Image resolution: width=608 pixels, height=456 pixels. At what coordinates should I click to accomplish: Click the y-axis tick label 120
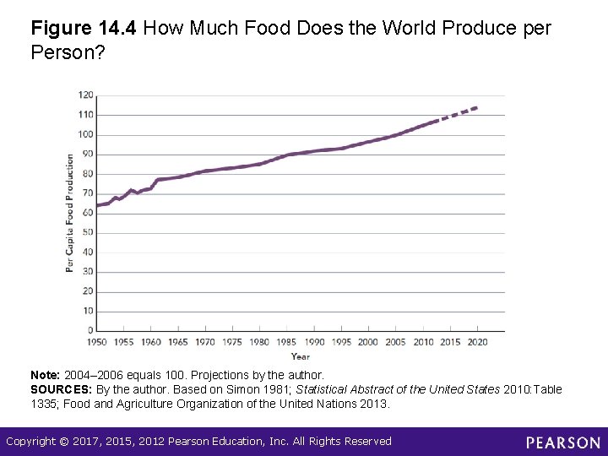point(87,95)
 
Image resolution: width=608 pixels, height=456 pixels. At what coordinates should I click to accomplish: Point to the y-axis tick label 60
point(89,213)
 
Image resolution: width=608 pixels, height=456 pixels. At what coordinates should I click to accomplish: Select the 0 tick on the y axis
point(91,330)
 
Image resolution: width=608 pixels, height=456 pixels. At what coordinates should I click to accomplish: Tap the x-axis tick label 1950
point(97,342)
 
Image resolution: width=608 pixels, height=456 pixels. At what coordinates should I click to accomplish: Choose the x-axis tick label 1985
point(287,342)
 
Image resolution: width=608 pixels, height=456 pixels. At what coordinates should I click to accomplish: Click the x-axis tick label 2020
point(477,342)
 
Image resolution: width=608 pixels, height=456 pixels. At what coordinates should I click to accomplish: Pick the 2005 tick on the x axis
point(395,342)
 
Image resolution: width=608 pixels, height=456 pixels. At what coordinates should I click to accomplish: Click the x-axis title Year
point(300,356)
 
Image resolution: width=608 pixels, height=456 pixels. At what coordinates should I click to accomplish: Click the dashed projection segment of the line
point(459,113)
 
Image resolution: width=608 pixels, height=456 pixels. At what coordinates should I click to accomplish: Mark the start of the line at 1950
point(97,205)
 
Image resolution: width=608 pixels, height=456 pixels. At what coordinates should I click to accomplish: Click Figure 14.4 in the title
point(84,28)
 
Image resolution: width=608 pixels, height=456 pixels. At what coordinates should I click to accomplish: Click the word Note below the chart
point(44,375)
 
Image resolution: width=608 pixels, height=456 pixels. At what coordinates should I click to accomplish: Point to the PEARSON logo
point(562,442)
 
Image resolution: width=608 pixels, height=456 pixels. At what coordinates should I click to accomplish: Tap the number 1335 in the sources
point(44,404)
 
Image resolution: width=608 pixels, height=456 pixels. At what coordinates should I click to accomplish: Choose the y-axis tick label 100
point(87,134)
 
